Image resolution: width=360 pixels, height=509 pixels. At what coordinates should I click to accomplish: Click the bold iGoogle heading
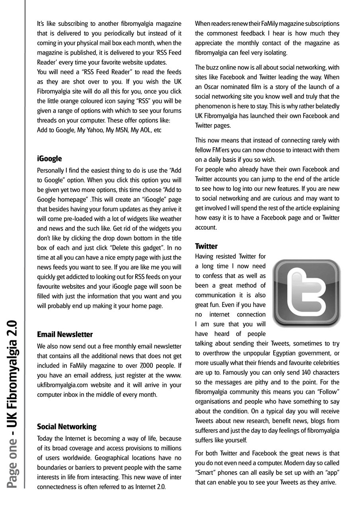(x=49, y=159)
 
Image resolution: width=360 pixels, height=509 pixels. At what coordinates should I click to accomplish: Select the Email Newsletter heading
(x=65, y=334)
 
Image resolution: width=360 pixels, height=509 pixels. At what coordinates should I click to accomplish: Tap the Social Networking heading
(x=67, y=427)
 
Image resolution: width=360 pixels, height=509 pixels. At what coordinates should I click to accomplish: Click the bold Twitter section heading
(x=206, y=246)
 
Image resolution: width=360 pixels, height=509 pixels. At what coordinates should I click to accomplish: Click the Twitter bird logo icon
(x=307, y=293)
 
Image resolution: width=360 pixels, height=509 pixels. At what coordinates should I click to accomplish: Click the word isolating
(x=274, y=52)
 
